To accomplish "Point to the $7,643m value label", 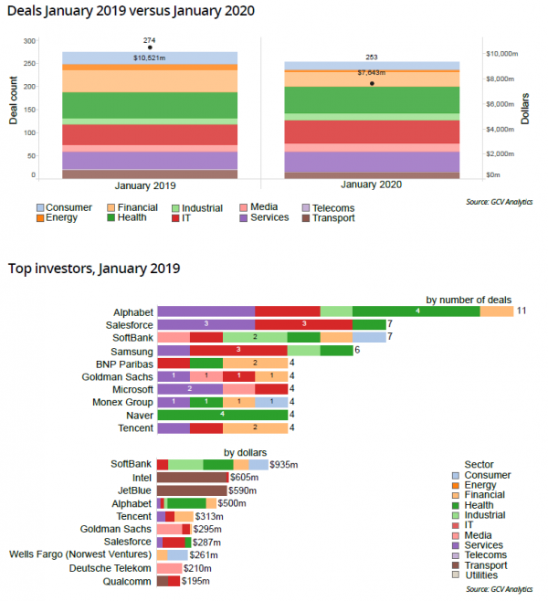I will click(x=372, y=73).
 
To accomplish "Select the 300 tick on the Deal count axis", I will click(x=29, y=41).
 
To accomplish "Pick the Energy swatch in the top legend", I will click(x=40, y=218).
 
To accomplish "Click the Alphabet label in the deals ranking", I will click(x=132, y=311).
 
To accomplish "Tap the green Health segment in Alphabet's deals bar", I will click(x=416, y=311).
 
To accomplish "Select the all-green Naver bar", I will click(x=222, y=415).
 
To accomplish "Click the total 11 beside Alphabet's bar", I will click(x=522, y=311).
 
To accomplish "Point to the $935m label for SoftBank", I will click(x=281, y=465).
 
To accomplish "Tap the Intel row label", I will click(x=142, y=478).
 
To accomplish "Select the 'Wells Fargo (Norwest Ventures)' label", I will click(x=81, y=554).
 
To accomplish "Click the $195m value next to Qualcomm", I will click(x=195, y=581).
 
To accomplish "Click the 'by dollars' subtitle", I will click(x=247, y=452).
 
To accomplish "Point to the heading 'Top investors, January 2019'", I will click(x=94, y=269).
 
